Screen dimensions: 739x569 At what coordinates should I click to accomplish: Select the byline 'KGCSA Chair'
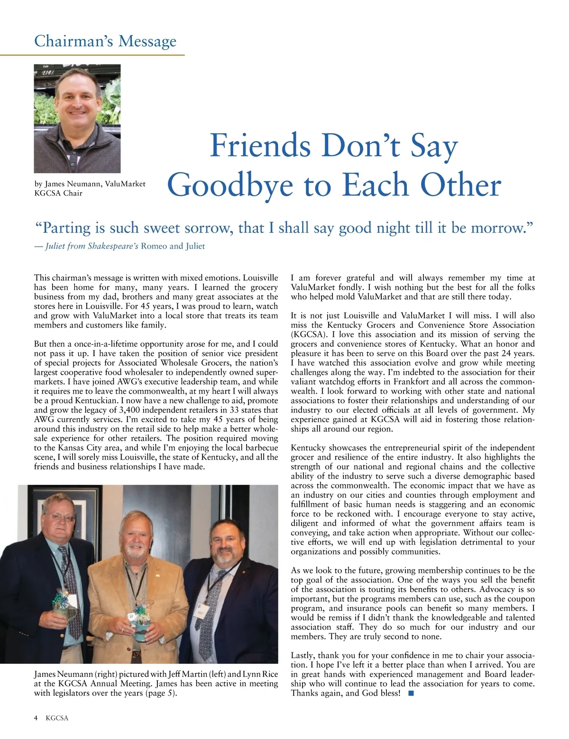tap(58, 193)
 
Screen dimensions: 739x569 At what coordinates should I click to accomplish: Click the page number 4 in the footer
tap(37, 718)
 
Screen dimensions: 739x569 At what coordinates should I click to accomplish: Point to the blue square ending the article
tap(411, 693)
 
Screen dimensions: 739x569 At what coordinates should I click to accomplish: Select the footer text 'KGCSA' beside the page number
tap(57, 718)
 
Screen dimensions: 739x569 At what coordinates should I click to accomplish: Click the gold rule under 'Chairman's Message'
tap(92, 55)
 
